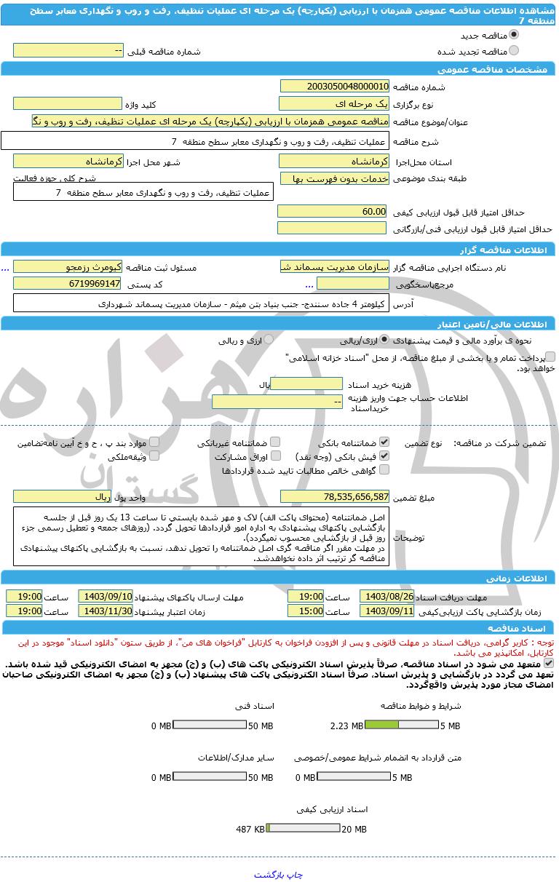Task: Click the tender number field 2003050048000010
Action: click(x=334, y=86)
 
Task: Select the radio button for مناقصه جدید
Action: click(x=514, y=34)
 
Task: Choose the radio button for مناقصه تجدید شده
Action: click(x=514, y=51)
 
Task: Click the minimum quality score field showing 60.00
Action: click(x=334, y=211)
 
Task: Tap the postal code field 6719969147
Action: click(x=68, y=283)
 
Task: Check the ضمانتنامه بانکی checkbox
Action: click(x=384, y=442)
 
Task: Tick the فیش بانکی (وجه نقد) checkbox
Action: click(x=384, y=456)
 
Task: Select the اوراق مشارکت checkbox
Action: click(x=275, y=456)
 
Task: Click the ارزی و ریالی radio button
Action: click(x=269, y=340)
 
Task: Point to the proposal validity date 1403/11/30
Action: click(x=106, y=611)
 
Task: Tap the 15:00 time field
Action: click(x=306, y=611)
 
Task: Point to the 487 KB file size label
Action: click(x=250, y=829)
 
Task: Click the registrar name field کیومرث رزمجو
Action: click(x=68, y=267)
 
